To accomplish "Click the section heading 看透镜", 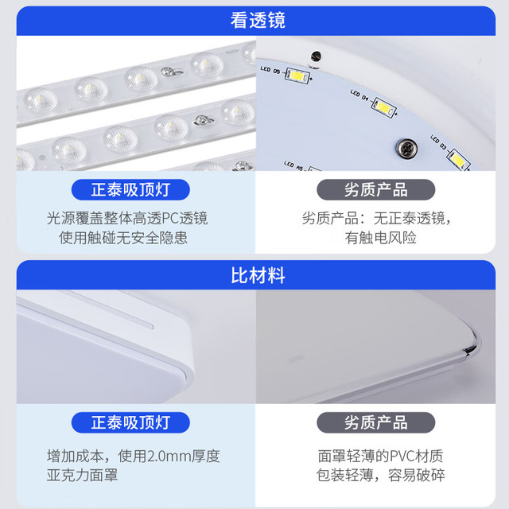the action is [x=258, y=20].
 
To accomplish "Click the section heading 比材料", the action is [x=258, y=275].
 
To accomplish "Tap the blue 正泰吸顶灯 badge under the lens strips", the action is [x=130, y=189].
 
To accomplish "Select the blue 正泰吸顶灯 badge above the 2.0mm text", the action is [x=130, y=422].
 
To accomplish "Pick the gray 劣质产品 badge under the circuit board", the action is [x=376, y=189].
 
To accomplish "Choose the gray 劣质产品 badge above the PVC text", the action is [x=376, y=422].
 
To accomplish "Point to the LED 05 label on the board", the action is [x=270, y=70].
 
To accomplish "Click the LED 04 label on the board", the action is [x=359, y=95].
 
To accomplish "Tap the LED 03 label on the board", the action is [x=438, y=142].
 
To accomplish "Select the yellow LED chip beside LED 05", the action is [x=297, y=76].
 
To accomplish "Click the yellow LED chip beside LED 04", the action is [x=383, y=108].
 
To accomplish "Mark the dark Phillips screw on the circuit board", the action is [x=406, y=149].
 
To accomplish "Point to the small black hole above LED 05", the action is [x=316, y=56].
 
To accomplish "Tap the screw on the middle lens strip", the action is [x=204, y=120].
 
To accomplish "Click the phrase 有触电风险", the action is [x=380, y=238].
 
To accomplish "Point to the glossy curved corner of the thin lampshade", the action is [x=472, y=344].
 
